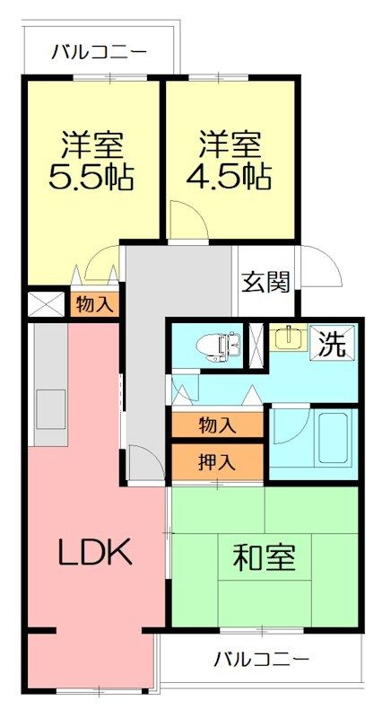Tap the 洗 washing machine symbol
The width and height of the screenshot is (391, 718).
(x=333, y=346)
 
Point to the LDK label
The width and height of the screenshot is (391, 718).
(x=95, y=552)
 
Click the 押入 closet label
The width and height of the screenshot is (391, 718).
(x=217, y=462)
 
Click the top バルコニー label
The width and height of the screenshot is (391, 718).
(x=99, y=52)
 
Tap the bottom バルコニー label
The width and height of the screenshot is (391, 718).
(x=262, y=660)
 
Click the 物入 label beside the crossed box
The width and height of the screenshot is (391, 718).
(x=94, y=304)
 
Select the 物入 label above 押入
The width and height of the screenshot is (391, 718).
(x=217, y=424)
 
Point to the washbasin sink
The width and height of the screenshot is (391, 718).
(x=286, y=337)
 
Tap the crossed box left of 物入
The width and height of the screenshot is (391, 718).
(x=44, y=302)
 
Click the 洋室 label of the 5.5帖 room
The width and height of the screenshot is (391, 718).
(x=91, y=144)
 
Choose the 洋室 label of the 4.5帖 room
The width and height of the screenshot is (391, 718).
(x=229, y=144)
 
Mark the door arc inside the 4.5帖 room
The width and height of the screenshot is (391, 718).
(x=186, y=220)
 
